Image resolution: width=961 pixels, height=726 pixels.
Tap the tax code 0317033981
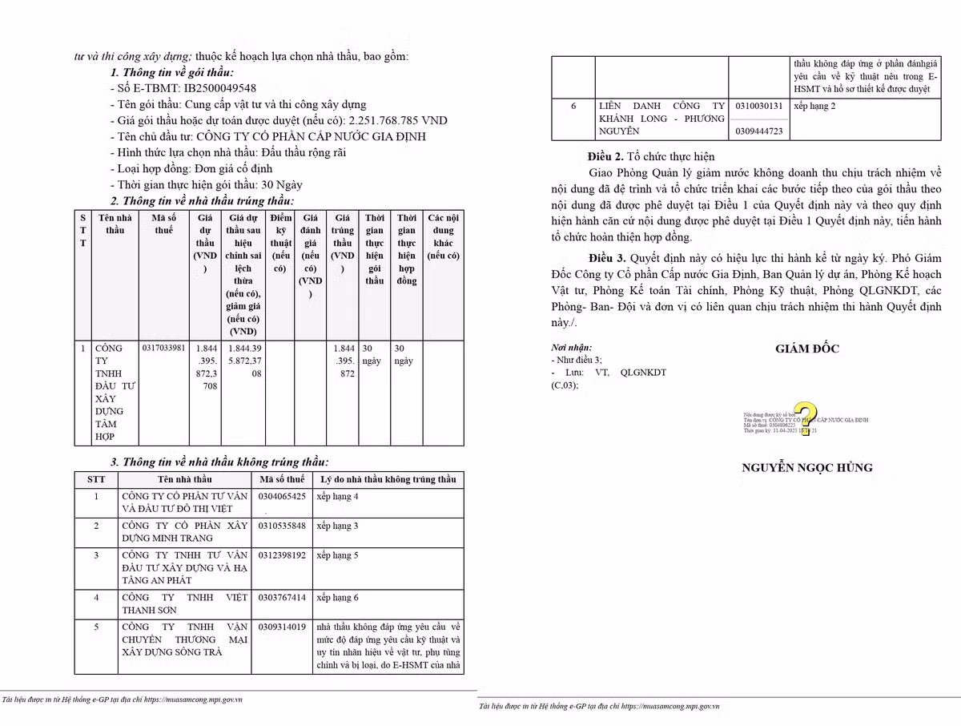click(163, 349)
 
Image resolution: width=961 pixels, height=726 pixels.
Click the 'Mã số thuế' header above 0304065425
click(282, 479)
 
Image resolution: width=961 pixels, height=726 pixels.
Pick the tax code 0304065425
click(282, 497)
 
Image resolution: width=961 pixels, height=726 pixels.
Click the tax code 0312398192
click(282, 555)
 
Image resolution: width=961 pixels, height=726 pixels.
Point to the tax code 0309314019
click(282, 627)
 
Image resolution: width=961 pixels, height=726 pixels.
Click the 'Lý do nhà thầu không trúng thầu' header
click(388, 479)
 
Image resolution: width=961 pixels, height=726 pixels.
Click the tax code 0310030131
click(758, 106)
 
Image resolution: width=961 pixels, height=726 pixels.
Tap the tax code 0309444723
click(758, 131)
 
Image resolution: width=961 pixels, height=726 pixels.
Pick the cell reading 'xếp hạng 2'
click(814, 106)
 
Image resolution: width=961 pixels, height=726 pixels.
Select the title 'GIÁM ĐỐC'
click(806, 349)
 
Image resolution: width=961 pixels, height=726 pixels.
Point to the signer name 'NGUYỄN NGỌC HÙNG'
click(806, 468)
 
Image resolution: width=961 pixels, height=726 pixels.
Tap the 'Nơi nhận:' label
click(571, 348)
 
